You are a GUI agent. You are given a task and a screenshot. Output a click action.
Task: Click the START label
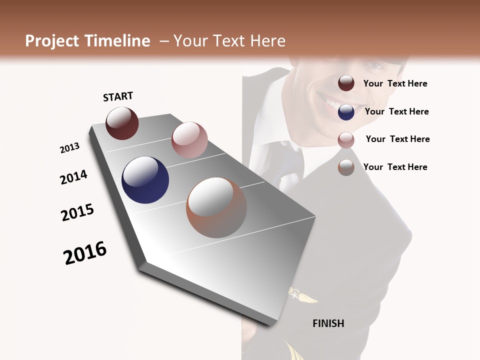pos(118,96)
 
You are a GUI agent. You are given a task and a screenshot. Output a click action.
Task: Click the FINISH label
pos(328,323)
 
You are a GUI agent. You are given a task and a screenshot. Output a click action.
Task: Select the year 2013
pos(70,148)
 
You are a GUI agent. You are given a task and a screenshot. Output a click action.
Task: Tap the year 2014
pos(73,177)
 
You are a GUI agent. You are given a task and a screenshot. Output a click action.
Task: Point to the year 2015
pos(77,212)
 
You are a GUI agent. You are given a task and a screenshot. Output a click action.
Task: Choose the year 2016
pos(85,253)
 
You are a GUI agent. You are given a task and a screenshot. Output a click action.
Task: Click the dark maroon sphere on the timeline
pos(122,123)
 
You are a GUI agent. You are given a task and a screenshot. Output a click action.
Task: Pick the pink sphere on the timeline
pos(189,140)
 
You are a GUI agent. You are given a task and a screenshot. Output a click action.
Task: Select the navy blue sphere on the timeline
pos(145,180)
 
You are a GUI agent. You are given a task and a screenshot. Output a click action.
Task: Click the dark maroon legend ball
pos(346,83)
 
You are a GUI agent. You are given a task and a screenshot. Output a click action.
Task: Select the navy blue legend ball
pos(346,112)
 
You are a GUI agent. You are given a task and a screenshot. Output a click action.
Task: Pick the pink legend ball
pos(346,140)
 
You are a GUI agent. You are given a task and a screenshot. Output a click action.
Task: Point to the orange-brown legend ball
pos(346,167)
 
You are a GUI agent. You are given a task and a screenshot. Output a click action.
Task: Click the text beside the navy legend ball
pos(396,111)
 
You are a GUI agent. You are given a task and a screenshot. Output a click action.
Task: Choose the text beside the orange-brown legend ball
pos(395,167)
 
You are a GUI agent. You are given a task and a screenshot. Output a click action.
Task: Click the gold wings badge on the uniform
pos(302,296)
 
